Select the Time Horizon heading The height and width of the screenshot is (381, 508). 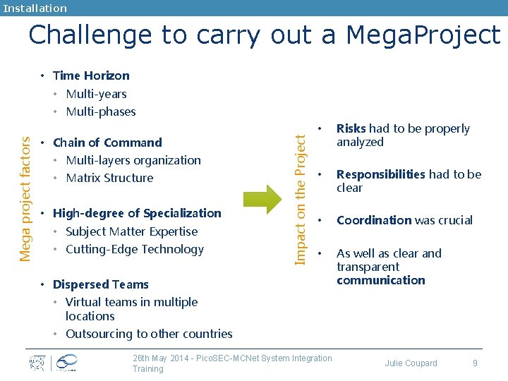[91, 75]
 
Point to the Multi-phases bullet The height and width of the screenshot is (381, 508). [100, 111]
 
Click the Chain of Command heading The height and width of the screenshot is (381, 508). [107, 143]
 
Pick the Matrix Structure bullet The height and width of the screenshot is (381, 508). [109, 178]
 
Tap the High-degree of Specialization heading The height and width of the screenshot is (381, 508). [137, 213]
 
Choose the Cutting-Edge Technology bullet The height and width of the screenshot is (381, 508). [134, 249]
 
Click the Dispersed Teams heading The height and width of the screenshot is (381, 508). [101, 284]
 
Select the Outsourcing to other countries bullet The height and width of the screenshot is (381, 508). [149, 334]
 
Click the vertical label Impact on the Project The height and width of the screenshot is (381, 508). [301, 190]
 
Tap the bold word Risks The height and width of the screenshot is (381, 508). [351, 128]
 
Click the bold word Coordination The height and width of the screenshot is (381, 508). [374, 220]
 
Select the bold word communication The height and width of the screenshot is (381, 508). [381, 280]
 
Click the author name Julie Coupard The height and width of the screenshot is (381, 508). [411, 363]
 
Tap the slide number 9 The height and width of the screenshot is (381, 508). [475, 363]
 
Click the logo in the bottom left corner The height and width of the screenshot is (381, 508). [53, 363]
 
